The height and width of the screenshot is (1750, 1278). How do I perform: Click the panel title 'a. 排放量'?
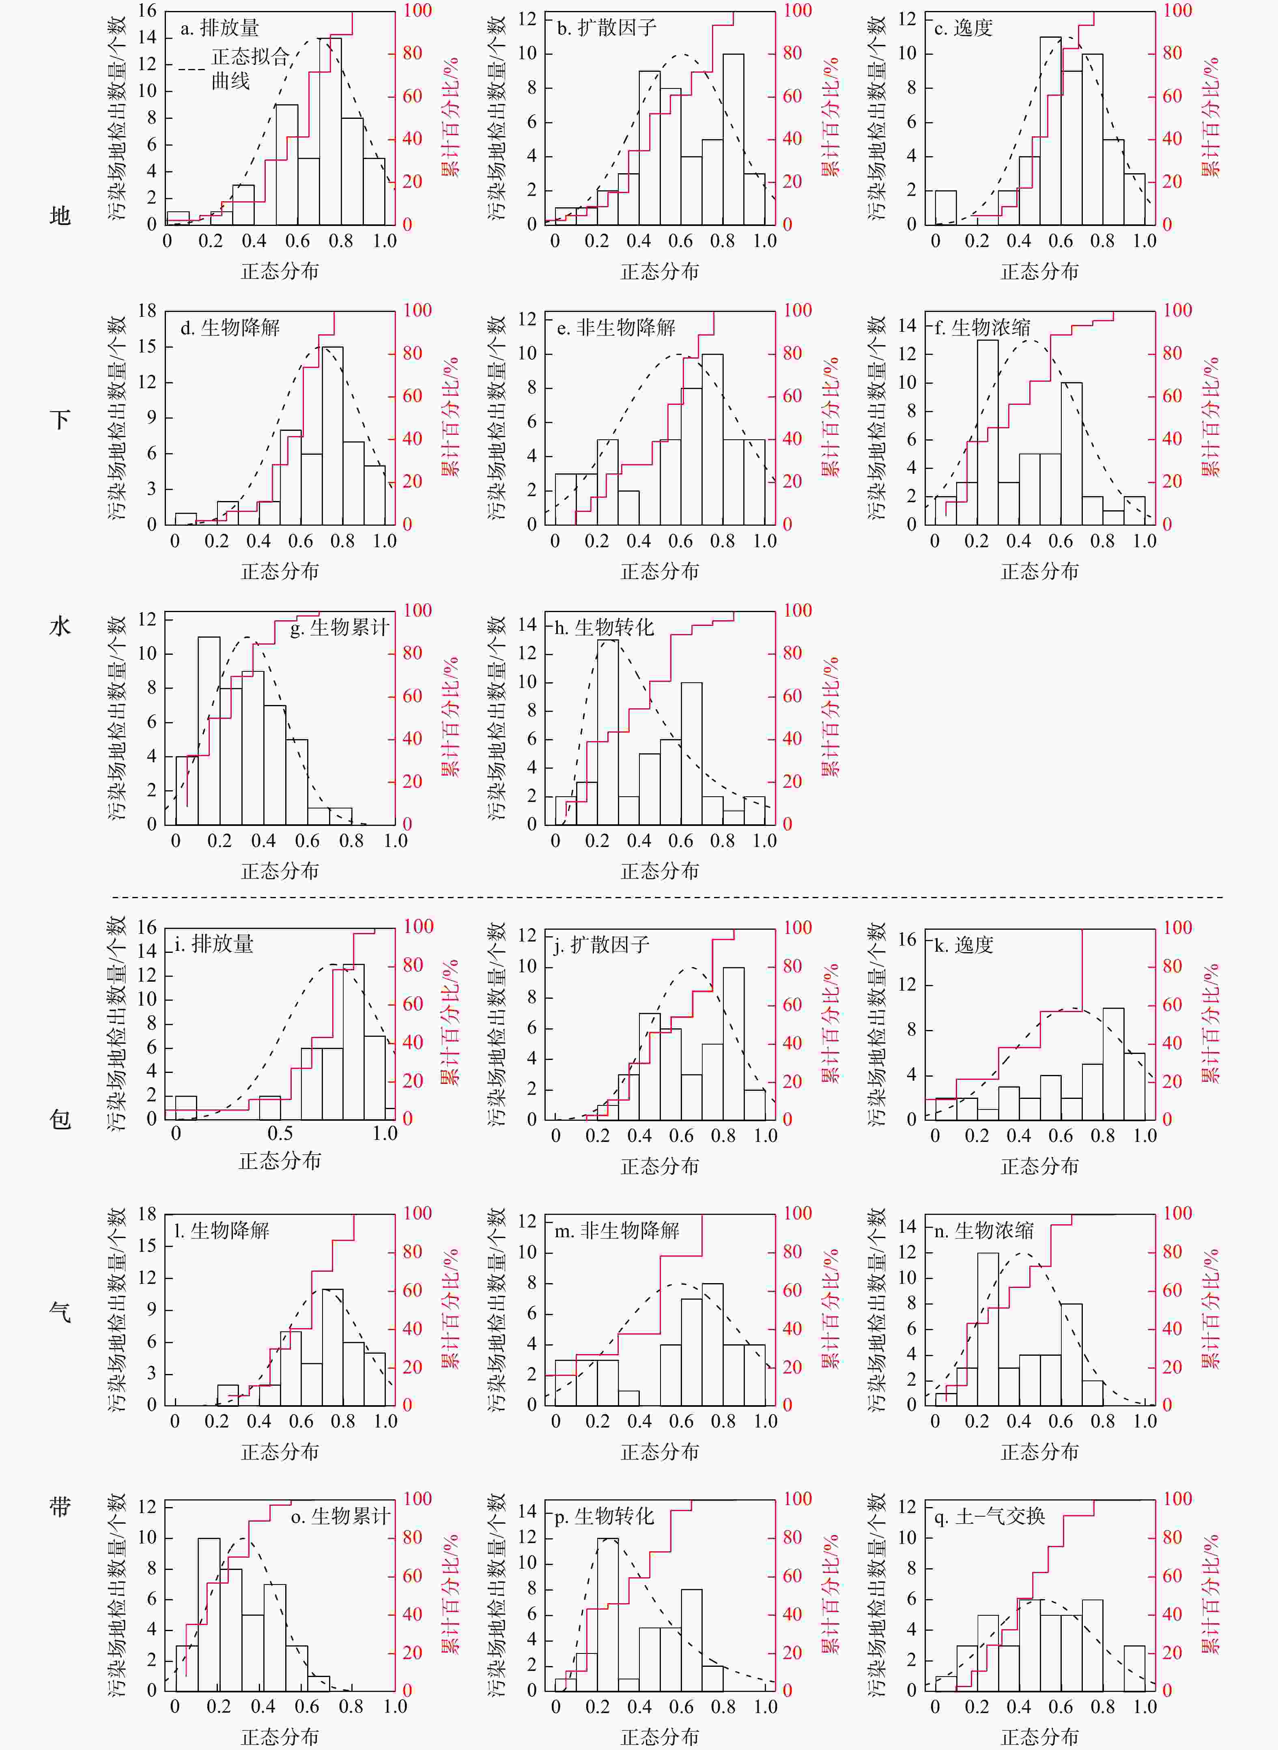(220, 29)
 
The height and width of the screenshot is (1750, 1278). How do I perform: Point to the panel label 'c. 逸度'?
(963, 29)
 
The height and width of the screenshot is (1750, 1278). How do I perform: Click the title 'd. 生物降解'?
(230, 328)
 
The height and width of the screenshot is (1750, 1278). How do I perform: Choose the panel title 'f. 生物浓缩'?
(983, 328)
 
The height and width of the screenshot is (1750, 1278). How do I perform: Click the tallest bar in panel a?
(330, 131)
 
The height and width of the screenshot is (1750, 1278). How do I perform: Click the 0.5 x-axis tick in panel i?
(280, 1134)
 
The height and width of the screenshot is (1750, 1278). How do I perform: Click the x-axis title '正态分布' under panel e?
(660, 572)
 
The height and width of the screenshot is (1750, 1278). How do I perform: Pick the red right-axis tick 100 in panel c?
(1177, 11)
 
